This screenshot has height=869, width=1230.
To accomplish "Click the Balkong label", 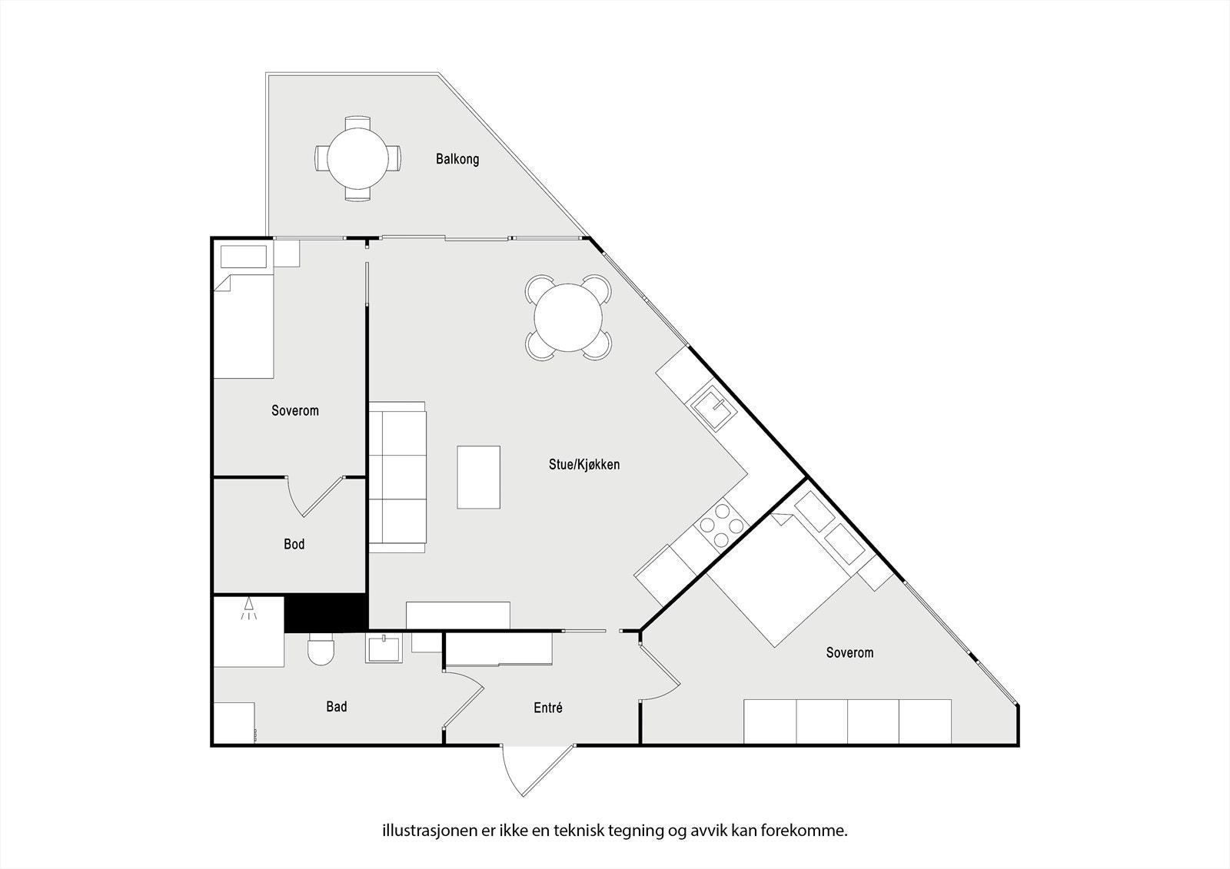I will (x=457, y=159).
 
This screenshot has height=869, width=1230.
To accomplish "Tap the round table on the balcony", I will (x=357, y=158).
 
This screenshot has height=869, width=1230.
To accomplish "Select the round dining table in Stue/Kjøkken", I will (x=569, y=317).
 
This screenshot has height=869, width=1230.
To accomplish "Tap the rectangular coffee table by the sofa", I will (x=478, y=476).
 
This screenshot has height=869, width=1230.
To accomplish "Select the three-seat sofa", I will (x=397, y=476).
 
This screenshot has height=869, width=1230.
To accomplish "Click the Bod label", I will (x=294, y=544).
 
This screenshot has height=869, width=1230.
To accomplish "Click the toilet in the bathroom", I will (x=321, y=651).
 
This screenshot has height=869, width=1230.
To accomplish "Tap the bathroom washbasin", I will (x=383, y=649).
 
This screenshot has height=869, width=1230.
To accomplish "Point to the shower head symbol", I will (x=248, y=609).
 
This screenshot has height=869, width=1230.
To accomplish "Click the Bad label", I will (x=336, y=706).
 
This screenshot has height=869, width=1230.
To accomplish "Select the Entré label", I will (x=548, y=708).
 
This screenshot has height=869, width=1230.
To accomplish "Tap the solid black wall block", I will (x=324, y=613).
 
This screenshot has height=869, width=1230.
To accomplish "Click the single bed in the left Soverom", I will (x=244, y=323).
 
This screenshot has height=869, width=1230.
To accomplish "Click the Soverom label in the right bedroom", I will (x=849, y=652).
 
